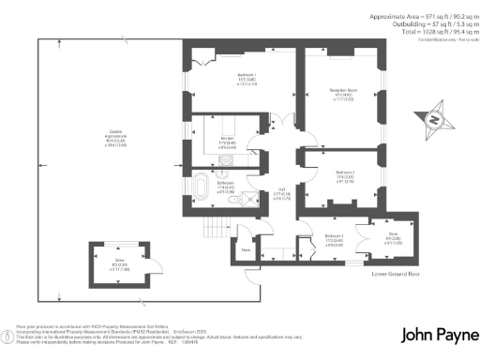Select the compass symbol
[432, 119]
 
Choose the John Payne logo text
[435, 335]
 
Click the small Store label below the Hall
[246, 250]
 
